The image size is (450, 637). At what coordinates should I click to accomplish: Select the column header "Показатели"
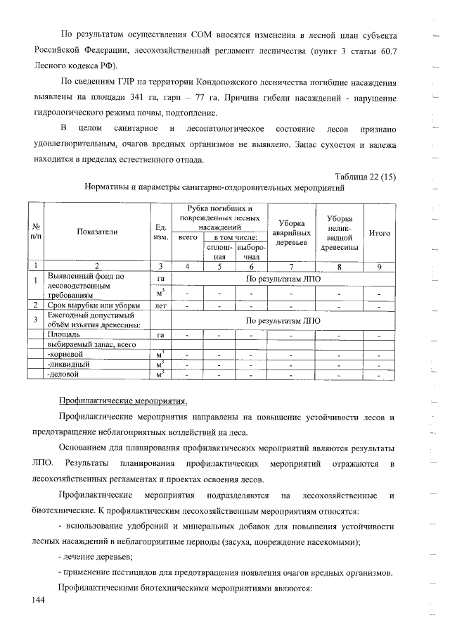coord(97,232)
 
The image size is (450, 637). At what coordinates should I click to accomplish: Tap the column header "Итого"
coord(380,232)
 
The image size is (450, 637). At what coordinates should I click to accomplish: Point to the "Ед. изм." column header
coord(160,232)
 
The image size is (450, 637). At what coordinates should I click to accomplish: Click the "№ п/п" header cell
coord(35,232)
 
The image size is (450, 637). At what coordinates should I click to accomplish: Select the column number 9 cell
coord(380,265)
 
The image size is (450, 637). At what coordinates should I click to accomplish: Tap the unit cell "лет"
coord(160,305)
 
